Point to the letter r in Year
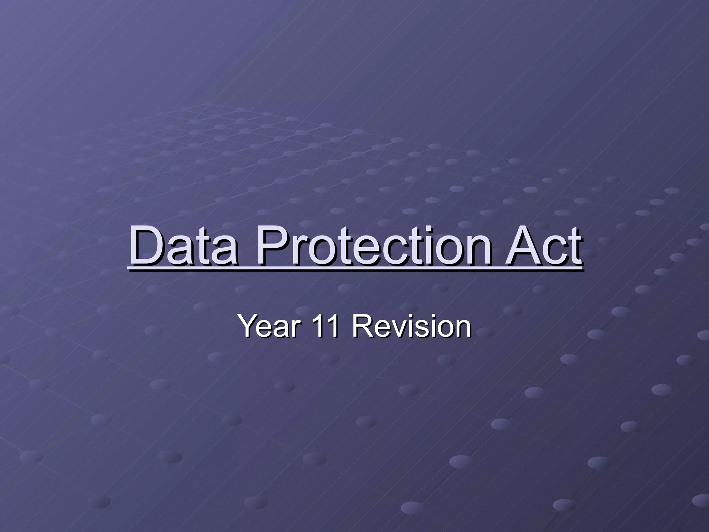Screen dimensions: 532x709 pos(293,329)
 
